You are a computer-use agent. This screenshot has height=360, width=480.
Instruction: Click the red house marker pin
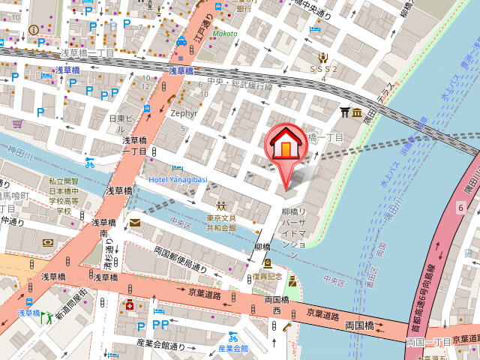[285, 147]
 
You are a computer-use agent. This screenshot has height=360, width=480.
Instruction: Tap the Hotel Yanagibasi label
[178, 179]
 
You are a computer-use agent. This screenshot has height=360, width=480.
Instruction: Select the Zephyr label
[184, 113]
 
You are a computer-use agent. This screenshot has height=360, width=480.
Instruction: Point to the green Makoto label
[223, 34]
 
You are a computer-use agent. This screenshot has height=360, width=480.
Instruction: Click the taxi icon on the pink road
[181, 43]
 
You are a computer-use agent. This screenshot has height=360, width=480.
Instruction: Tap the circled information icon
[34, 29]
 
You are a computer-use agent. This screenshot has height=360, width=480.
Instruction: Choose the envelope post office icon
[134, 222]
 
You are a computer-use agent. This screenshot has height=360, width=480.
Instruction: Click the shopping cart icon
[18, 124]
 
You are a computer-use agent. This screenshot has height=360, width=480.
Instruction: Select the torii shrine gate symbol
[345, 112]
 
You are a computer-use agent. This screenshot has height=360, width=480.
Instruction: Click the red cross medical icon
[130, 306]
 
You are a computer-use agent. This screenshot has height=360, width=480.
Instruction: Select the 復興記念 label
[267, 276]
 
